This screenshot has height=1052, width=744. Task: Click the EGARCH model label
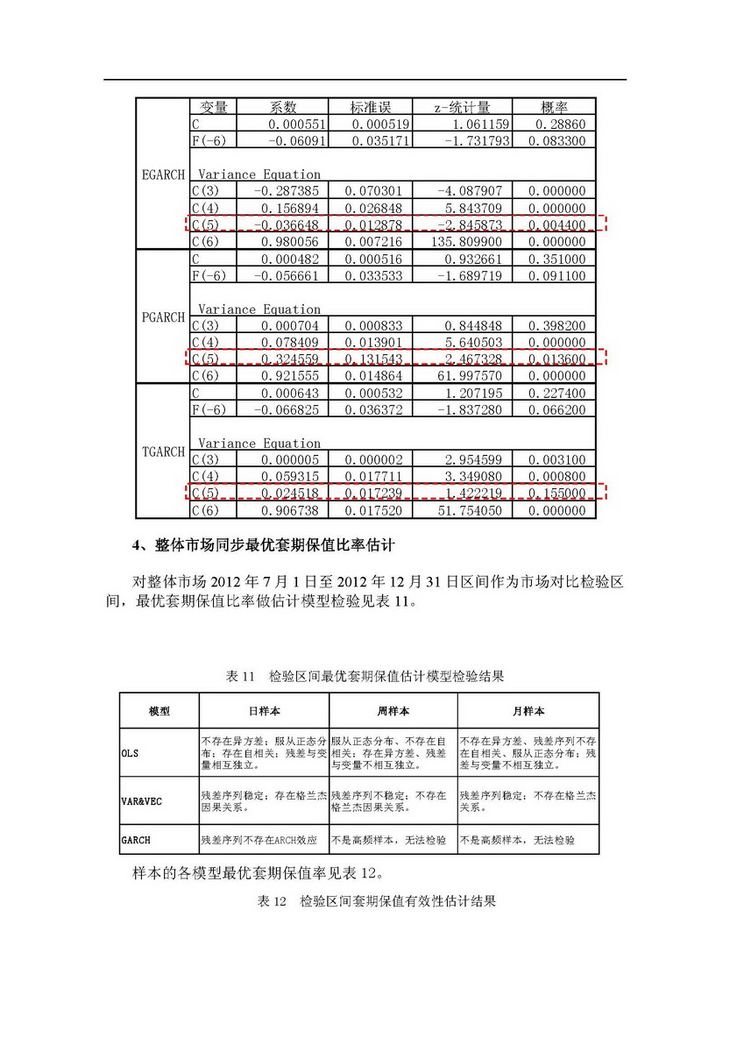pyautogui.click(x=163, y=174)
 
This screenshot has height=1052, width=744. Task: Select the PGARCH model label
pyautogui.click(x=163, y=317)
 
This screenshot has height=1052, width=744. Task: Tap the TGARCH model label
pyautogui.click(x=163, y=452)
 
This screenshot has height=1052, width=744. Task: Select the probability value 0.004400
pyautogui.click(x=556, y=224)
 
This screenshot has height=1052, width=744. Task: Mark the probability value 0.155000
pyautogui.click(x=556, y=494)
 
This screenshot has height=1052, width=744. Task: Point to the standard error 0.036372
pyautogui.click(x=378, y=410)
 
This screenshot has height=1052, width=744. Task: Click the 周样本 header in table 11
pyautogui.click(x=393, y=711)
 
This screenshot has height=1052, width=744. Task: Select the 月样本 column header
pyautogui.click(x=528, y=711)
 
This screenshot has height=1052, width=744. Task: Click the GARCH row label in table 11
pyautogui.click(x=136, y=840)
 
